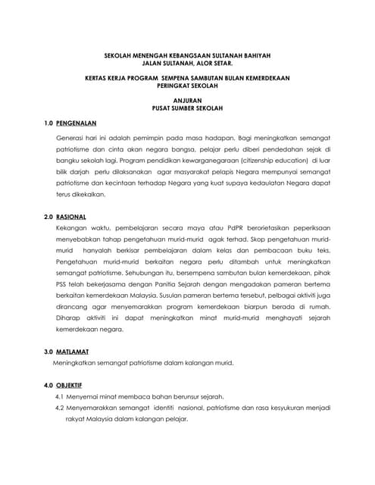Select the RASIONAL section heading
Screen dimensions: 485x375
(x=72, y=217)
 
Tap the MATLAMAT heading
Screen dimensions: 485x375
(x=73, y=352)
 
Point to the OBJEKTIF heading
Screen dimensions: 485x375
(x=73, y=386)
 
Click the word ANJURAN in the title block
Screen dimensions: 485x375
(x=187, y=99)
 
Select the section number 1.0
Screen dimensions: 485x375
(x=49, y=122)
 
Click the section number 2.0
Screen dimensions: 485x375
(x=49, y=217)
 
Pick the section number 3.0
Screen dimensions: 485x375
(x=49, y=352)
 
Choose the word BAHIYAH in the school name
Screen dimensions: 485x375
(x=254, y=55)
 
